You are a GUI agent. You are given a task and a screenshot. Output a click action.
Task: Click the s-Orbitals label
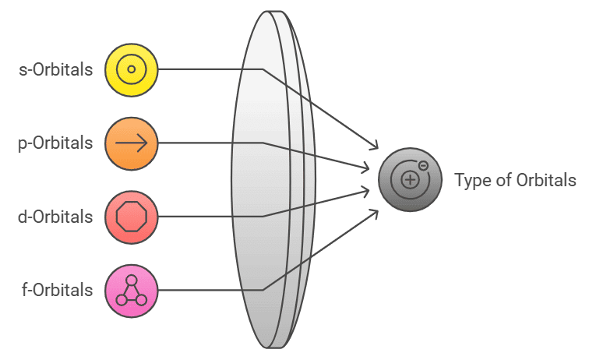click(x=55, y=69)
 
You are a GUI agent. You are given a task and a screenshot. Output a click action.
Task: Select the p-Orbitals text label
click(x=55, y=143)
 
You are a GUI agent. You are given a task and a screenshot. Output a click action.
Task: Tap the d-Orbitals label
click(x=55, y=216)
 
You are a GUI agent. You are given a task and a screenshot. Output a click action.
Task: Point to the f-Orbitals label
click(x=57, y=290)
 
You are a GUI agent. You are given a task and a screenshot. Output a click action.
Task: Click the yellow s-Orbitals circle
click(x=132, y=69)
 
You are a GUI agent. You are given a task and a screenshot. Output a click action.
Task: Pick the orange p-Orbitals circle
click(x=132, y=143)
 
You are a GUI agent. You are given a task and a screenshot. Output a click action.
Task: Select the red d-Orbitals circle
click(x=132, y=216)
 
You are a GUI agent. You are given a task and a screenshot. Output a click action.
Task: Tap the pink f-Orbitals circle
click(x=132, y=290)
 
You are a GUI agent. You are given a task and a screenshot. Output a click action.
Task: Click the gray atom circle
click(x=410, y=180)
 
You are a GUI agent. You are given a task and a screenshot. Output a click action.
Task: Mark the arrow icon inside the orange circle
click(x=132, y=143)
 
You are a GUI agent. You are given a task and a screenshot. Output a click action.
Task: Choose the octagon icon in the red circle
click(x=132, y=216)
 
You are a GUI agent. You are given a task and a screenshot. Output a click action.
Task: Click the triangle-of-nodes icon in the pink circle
click(x=132, y=290)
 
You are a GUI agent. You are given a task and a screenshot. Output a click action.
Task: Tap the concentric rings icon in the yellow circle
click(x=132, y=69)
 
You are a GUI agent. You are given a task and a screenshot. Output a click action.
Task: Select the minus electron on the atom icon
click(x=422, y=166)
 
